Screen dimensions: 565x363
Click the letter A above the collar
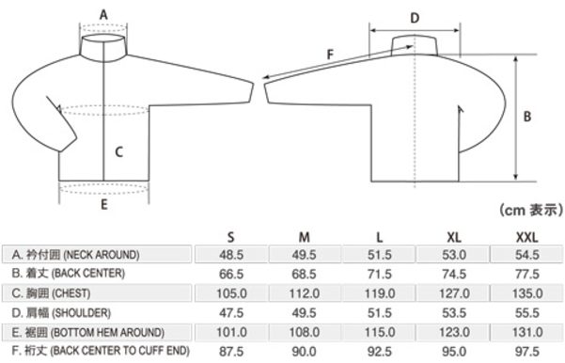coord(103,15)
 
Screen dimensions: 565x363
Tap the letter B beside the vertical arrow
coord(527,117)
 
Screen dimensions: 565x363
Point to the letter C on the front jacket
coord(118,151)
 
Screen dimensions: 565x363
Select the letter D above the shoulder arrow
coord(416,18)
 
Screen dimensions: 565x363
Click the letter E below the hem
coord(104,205)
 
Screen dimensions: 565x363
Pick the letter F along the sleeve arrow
coord(330,55)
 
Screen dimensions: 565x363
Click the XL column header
coord(454,237)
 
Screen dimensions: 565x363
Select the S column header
coord(231,237)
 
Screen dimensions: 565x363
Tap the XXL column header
coord(527,237)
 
